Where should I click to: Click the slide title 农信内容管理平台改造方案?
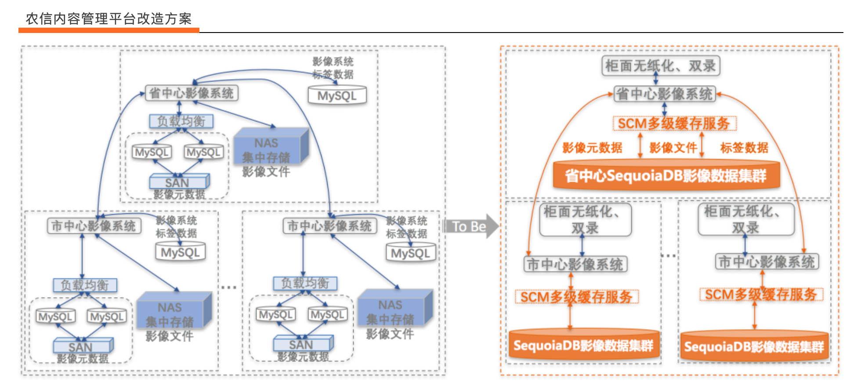point(109,19)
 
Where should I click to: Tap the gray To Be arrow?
point(470,226)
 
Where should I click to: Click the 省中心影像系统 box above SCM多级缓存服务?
point(664,94)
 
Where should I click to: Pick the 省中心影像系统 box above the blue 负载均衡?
point(192,93)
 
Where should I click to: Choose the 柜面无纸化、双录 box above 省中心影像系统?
point(660,66)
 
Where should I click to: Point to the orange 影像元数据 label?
point(592,148)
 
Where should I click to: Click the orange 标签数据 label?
point(744,148)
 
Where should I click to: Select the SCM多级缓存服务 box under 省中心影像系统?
point(674,124)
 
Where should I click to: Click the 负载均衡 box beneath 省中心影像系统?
point(181,121)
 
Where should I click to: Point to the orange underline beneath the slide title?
point(109,30)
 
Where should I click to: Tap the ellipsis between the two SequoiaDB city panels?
point(668,255)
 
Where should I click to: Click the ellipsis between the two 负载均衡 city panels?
point(229,287)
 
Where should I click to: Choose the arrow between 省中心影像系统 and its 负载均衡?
point(179,108)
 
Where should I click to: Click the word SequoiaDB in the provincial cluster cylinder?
point(635,176)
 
